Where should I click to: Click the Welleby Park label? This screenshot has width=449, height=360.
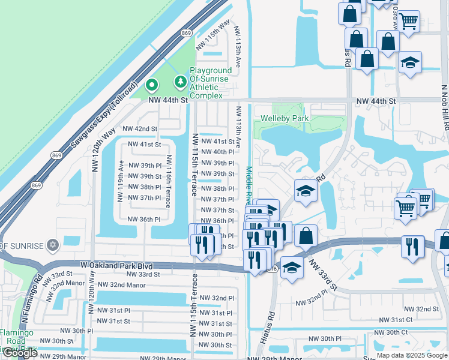pos(283,119)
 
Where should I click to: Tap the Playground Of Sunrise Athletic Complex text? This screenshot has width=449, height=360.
pos(211,83)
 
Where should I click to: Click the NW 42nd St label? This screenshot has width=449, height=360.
pos(140,128)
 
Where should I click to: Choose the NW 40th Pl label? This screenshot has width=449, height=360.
pos(217,152)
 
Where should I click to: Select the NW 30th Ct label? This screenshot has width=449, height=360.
pos(391,332)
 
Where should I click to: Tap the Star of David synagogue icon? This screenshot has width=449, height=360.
pos(52,246)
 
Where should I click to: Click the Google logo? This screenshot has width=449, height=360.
pos(20,353)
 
